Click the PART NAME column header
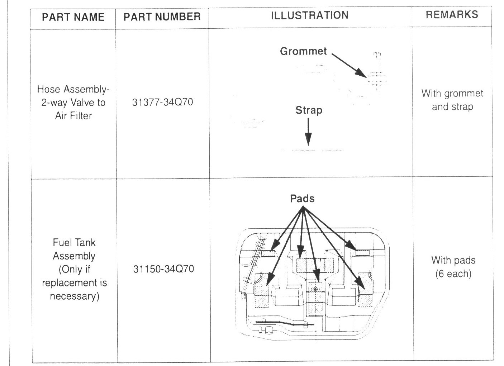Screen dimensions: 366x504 click(73, 17)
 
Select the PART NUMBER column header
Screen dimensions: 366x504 click(162, 17)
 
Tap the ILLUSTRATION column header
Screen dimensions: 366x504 click(310, 15)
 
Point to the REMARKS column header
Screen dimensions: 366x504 click(452, 15)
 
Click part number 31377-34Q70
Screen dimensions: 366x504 click(162, 103)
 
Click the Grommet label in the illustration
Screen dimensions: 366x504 click(303, 51)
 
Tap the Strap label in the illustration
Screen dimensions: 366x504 click(309, 110)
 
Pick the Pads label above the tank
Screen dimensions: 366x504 click(302, 199)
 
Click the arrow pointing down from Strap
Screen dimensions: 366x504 click(308, 133)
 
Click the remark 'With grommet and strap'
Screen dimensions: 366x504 click(452, 100)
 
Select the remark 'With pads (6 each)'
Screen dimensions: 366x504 click(453, 267)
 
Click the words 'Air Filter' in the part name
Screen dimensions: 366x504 click(71, 115)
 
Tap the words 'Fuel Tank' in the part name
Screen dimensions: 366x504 click(74, 243)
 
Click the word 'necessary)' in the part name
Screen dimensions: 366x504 click(74, 296)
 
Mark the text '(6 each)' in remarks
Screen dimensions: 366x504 click(453, 274)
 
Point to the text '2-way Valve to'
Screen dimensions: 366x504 click(73, 103)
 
